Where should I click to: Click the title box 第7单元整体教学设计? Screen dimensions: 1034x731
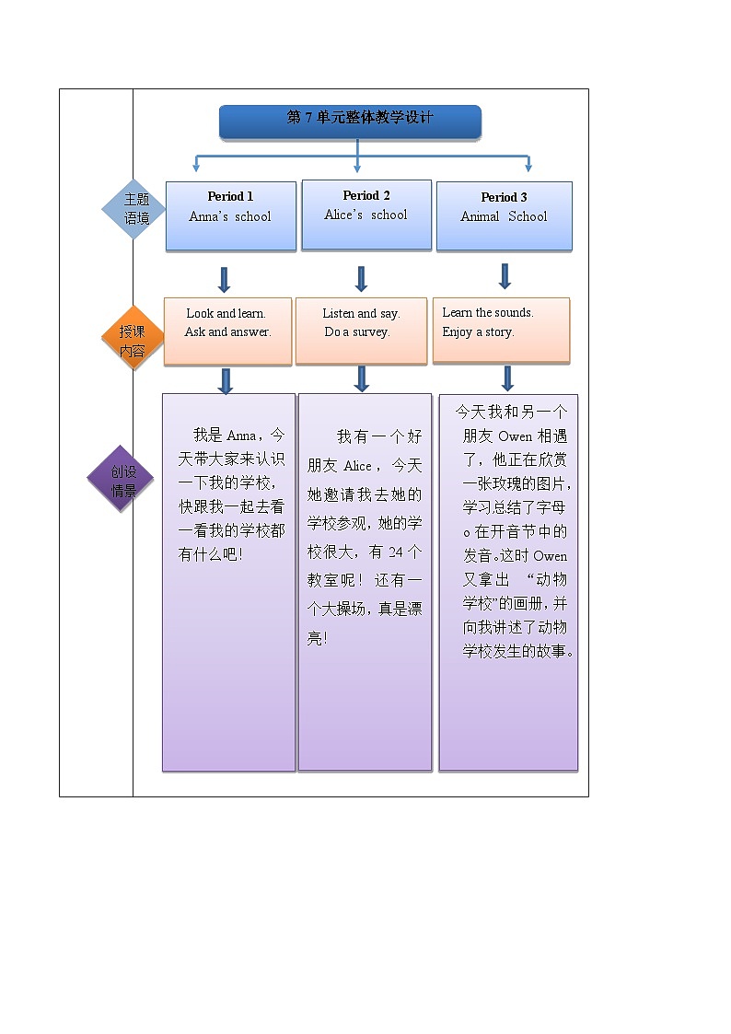(350, 120)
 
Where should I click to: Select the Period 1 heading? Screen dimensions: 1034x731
(230, 196)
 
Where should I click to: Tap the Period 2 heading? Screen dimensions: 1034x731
(366, 195)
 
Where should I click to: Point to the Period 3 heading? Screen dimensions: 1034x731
(504, 197)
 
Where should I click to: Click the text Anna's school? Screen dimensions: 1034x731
(230, 217)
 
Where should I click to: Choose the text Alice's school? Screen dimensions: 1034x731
(365, 215)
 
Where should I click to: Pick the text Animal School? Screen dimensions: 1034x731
(504, 217)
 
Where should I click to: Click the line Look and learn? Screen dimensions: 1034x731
(226, 314)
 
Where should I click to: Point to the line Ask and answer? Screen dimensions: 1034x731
(227, 332)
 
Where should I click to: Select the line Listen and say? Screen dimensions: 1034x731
(361, 314)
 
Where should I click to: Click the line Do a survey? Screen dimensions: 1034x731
(357, 332)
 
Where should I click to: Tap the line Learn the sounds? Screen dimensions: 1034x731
(488, 313)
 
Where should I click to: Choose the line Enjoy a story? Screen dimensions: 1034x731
(478, 332)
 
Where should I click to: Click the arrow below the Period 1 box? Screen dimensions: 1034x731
(224, 279)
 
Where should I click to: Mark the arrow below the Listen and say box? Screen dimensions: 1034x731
(362, 378)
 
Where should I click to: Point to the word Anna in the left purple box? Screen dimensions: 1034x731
(241, 436)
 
